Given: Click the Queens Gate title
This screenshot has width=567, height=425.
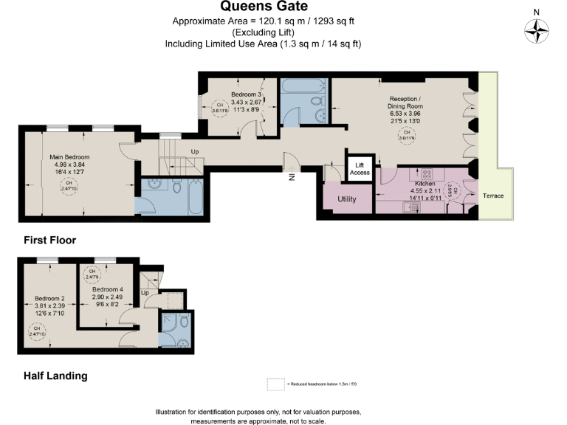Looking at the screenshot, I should tap(283, 7).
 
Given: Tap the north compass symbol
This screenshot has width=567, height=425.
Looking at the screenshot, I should tap(537, 30).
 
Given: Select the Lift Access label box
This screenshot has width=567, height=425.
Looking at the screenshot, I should tap(360, 168).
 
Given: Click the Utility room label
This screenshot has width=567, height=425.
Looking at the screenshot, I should tap(347, 199).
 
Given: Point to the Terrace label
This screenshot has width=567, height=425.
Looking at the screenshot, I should tap(493, 196).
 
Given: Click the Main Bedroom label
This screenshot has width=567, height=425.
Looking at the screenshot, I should tap(69, 157).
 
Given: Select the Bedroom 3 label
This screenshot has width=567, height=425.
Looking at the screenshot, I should tap(246, 94).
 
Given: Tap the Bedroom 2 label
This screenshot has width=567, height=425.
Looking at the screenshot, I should tap(50, 300).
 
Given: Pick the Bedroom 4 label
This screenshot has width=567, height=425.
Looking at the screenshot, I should tap(107, 289).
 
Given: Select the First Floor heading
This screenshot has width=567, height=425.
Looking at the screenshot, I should tap(49, 240).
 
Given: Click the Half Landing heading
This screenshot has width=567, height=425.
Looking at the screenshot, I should tap(55, 376).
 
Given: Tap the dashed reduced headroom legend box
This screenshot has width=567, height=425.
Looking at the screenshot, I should tap(275, 384).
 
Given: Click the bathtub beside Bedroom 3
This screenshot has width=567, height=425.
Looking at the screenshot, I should tap(303, 86).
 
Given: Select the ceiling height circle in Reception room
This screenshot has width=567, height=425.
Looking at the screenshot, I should tap(405, 136).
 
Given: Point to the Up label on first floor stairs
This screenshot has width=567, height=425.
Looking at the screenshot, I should tap(195, 152).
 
